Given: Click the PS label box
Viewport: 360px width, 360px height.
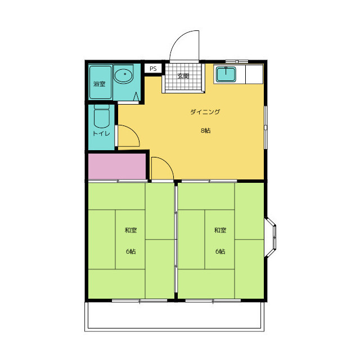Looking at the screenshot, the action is tap(153, 69).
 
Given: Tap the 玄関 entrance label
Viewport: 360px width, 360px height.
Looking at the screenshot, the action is tap(183, 76).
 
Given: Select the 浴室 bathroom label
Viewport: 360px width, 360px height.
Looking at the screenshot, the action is tap(100, 84).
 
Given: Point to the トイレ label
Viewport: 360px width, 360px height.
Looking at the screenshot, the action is tap(101, 133).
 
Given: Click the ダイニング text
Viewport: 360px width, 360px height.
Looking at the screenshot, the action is tap(205, 112).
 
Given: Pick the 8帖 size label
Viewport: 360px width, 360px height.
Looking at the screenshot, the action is tap(206, 130).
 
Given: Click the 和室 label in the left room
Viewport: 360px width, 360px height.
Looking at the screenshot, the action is tap(130, 230).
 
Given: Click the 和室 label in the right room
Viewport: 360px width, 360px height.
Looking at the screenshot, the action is tap(220, 230).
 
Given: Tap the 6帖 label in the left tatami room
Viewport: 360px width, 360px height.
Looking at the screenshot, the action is tap(131, 251).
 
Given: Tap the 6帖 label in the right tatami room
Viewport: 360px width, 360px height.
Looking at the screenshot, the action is tap(220, 251).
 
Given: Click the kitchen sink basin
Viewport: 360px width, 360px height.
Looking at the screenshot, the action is tap(226, 74).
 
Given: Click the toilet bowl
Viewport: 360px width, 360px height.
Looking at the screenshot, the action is tap(102, 116).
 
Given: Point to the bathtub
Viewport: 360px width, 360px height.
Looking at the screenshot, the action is tap(101, 83).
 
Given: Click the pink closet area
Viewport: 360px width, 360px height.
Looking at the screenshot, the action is tap(117, 166).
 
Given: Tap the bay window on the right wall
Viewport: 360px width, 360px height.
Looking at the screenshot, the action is tap(271, 237).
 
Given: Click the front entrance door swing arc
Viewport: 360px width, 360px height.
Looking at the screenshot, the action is tap(178, 39).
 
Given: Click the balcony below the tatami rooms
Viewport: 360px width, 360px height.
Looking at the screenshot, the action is tap(174, 316).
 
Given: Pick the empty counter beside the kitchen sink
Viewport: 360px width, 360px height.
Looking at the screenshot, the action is tap(254, 74).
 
